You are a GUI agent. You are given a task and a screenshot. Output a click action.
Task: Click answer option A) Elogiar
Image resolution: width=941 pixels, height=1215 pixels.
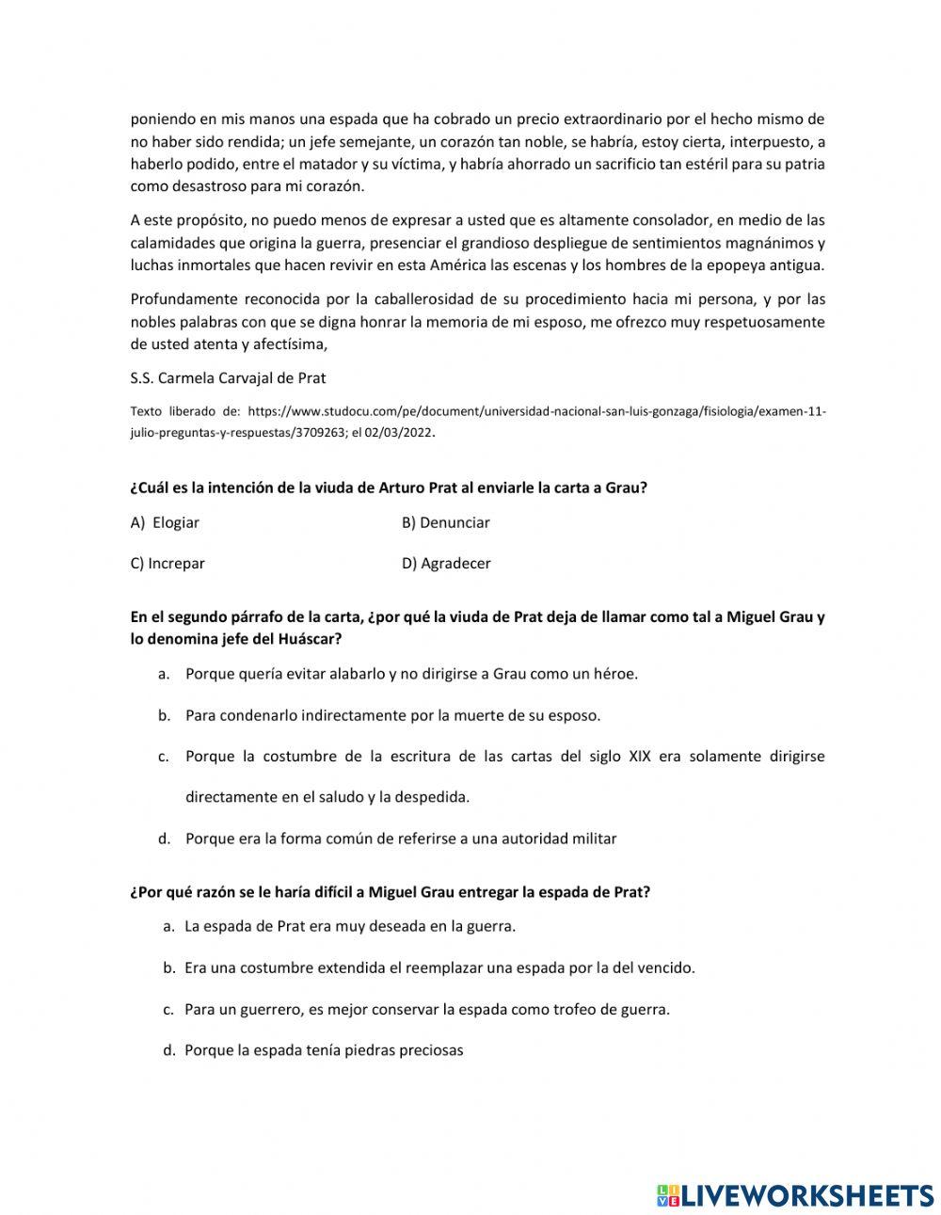[166, 522]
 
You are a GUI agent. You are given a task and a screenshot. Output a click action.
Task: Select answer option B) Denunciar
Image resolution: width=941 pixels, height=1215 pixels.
[445, 522]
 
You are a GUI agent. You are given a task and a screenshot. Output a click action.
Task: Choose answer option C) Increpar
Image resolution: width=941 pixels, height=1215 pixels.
[167, 564]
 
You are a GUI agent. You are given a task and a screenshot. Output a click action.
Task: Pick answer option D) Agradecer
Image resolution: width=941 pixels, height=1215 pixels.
[446, 564]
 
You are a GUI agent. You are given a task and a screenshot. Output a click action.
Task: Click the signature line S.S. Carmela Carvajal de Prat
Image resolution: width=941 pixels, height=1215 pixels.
[228, 378]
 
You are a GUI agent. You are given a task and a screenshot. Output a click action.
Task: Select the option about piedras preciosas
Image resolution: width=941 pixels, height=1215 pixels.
[324, 1050]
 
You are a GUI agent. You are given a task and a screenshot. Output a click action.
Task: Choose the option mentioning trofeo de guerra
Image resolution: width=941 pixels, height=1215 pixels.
[426, 1009]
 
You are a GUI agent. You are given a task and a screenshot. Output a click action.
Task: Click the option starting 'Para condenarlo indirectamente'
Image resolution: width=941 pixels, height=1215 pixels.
[392, 715]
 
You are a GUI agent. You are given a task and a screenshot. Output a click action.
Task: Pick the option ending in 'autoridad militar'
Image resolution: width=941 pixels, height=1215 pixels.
[401, 839]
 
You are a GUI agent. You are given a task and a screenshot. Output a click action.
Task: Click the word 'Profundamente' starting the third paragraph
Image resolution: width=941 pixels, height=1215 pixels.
[181, 299]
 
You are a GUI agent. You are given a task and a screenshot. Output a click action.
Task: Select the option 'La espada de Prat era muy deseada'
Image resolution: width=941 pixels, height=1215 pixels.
[349, 926]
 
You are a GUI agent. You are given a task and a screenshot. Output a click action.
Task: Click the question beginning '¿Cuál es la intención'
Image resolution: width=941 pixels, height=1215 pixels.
[389, 488]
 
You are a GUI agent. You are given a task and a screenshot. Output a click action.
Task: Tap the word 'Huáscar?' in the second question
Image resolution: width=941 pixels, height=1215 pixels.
[311, 639]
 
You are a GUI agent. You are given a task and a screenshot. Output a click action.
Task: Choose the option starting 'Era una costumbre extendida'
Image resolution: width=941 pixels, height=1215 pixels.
[439, 967]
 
